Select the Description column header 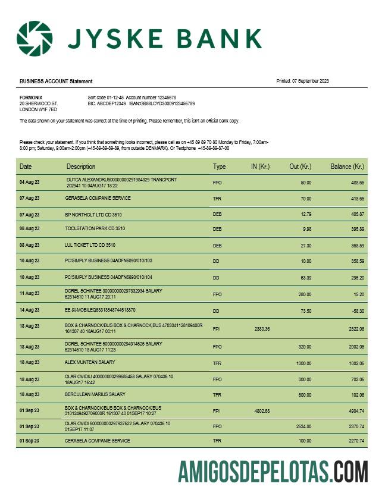[x=81, y=167]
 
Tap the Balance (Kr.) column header [x=347, y=167]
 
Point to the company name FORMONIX [x=31, y=97]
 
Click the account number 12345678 [x=163, y=97]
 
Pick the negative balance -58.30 [x=357, y=310]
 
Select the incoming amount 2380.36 [x=262, y=329]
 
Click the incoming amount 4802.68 [x=262, y=410]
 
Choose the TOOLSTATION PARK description [x=95, y=228]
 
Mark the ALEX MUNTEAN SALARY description [x=90, y=362]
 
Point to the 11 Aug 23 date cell [x=29, y=293]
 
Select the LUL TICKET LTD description [x=90, y=244]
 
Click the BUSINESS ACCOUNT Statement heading [x=56, y=81]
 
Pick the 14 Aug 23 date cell [x=29, y=310]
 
